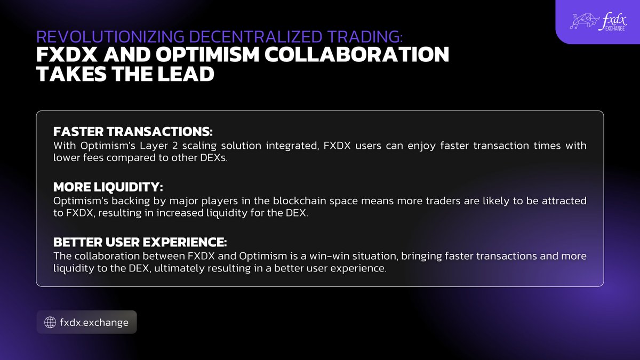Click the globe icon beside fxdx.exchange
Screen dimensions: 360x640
pyautogui.click(x=50, y=322)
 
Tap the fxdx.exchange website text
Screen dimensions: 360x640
pyautogui.click(x=94, y=322)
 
